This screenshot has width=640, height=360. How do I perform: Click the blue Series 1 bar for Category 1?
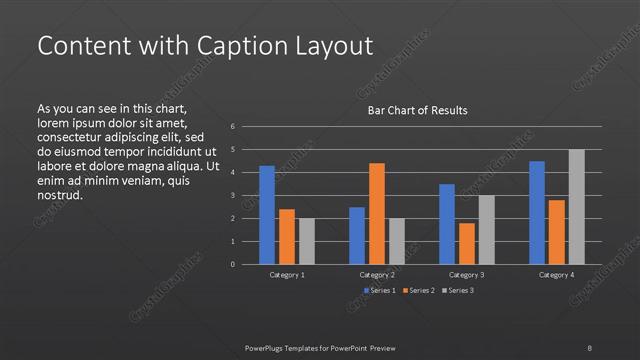[267, 215]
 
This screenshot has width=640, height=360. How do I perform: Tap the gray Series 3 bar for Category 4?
[577, 207]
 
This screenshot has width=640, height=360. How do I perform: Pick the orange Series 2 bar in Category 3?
[467, 243]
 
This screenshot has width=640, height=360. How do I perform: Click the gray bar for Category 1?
[307, 241]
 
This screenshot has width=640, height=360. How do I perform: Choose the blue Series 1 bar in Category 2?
[357, 235]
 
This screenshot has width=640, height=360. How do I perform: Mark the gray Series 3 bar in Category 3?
[487, 230]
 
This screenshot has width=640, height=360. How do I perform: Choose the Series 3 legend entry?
[460, 290]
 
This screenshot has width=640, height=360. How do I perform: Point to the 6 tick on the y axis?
[232, 127]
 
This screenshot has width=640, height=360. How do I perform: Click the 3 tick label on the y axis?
[232, 196]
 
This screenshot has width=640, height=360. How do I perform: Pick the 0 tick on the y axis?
[232, 265]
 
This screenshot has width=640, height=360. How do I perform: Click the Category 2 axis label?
[377, 274]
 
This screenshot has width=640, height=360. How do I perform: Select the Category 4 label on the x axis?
[557, 274]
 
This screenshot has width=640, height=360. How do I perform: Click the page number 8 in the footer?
[589, 347]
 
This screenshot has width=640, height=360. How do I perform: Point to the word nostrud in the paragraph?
[59, 195]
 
